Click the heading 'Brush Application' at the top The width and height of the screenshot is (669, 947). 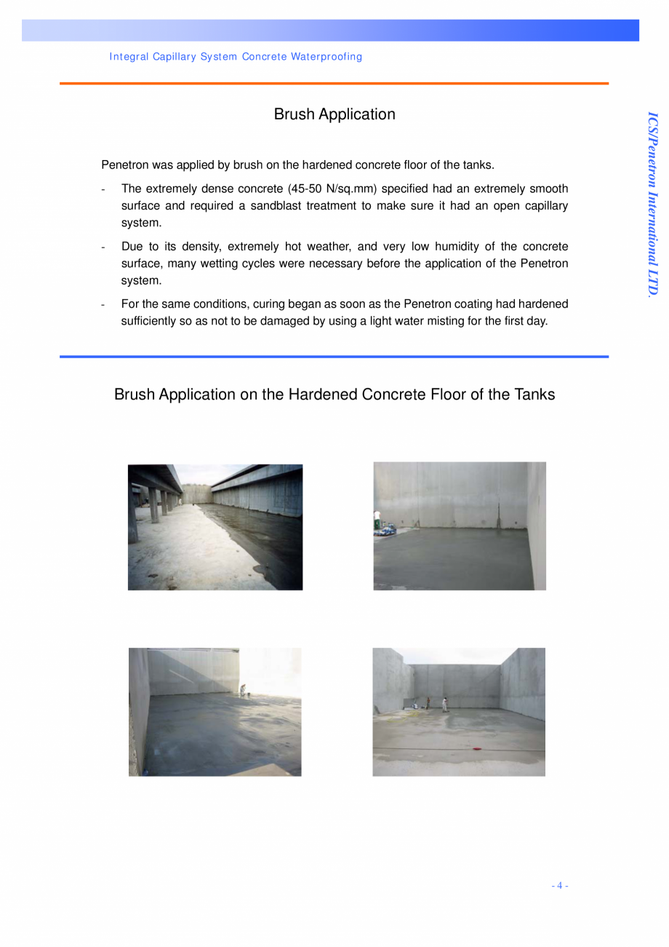pyautogui.click(x=334, y=114)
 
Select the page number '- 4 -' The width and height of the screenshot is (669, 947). pyautogui.click(x=559, y=886)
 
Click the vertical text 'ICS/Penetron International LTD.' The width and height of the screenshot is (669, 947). pyautogui.click(x=653, y=204)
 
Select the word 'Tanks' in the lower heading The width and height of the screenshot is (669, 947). pyautogui.click(x=534, y=395)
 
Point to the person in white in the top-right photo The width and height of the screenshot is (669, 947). pyautogui.click(x=377, y=519)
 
